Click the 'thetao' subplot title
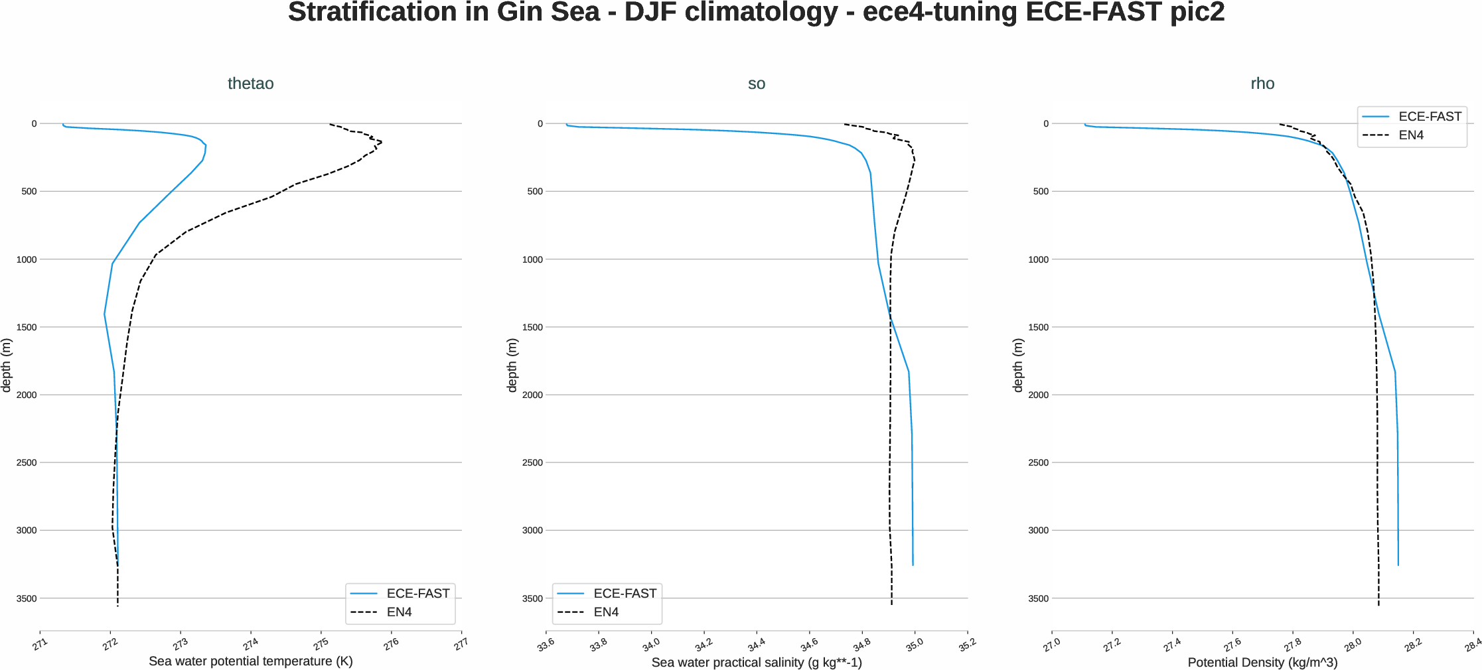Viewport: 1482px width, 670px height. tap(250, 84)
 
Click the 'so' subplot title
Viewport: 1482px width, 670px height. tap(756, 84)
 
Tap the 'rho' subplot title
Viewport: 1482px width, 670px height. tap(1262, 84)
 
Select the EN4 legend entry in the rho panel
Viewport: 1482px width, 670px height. tap(1410, 135)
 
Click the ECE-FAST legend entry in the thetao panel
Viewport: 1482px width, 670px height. tap(417, 594)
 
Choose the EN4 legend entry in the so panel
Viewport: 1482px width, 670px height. tap(605, 612)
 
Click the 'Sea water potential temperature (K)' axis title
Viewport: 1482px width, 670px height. tap(250, 661)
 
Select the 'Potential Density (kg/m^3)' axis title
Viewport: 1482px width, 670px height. tap(1262, 663)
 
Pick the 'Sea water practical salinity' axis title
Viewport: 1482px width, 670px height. tap(756, 663)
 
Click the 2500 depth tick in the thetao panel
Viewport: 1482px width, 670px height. tap(27, 462)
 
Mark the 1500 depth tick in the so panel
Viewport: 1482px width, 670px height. tap(532, 327)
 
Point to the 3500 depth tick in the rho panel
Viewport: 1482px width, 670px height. tap(1038, 598)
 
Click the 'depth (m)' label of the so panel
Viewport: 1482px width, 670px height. tap(512, 366)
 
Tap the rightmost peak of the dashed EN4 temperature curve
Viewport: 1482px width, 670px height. tap(382, 142)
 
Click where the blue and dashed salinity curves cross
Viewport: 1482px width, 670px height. tap(890, 317)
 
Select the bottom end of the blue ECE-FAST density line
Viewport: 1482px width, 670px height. tap(1398, 565)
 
